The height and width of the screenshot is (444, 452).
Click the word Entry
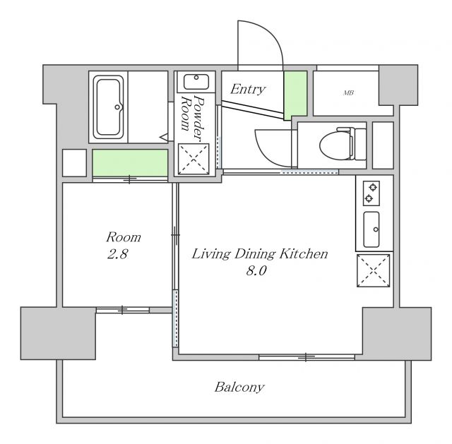[x=248, y=90]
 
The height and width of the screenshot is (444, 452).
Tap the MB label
[x=348, y=92]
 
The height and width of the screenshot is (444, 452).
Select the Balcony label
[x=239, y=388]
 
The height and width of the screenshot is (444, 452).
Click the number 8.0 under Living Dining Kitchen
[x=256, y=270]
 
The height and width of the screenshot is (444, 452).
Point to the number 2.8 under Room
[x=118, y=254]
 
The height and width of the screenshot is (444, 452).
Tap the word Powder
[x=199, y=118]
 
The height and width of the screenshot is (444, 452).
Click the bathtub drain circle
[x=117, y=107]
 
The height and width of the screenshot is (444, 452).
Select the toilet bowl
[x=336, y=144]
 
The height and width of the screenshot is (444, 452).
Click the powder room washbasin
[x=196, y=82]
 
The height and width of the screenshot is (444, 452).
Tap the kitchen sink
[x=371, y=229]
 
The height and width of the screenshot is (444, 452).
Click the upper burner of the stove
[x=374, y=187]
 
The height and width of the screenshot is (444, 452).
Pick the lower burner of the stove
[x=369, y=198]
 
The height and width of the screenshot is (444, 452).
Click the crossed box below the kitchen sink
[x=374, y=270]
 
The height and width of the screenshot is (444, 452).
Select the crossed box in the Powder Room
[x=194, y=159]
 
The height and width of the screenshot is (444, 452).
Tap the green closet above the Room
[x=130, y=163]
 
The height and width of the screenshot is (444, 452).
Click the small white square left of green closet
[x=74, y=163]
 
